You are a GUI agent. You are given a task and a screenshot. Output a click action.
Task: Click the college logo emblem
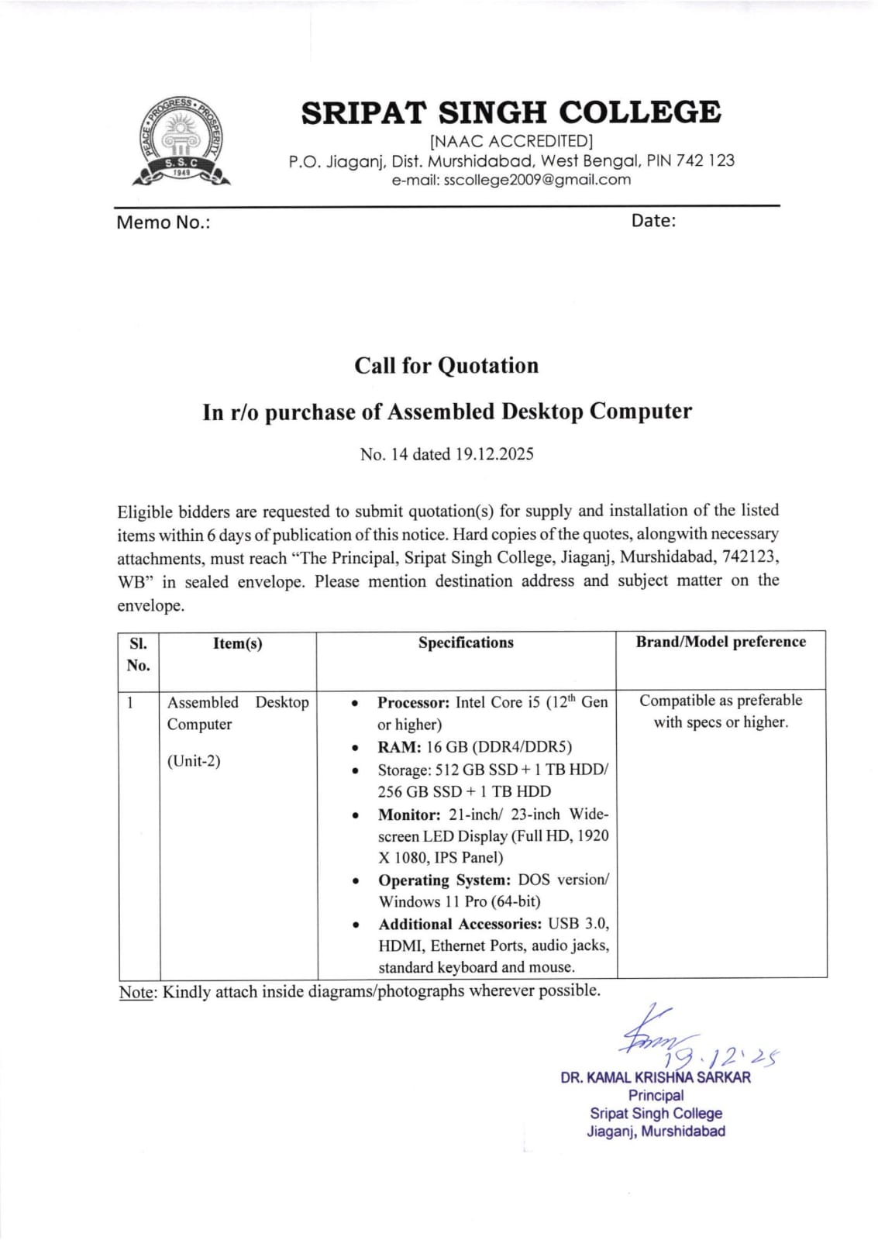181,143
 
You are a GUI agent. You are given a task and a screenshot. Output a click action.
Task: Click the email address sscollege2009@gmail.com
511,180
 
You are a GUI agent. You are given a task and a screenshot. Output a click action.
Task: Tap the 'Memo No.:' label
163,223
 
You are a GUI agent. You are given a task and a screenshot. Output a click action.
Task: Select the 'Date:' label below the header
653,221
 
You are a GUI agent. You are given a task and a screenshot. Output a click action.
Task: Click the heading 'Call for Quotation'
446,366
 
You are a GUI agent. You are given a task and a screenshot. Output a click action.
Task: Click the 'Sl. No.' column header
138,654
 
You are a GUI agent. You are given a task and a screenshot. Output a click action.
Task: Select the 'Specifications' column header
466,642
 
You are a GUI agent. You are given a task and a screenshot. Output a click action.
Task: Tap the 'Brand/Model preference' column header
721,642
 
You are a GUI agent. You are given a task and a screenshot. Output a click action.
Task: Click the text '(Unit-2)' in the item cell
194,761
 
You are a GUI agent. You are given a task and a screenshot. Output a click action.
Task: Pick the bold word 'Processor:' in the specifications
413,703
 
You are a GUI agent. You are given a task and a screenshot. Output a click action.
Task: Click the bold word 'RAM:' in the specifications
399,747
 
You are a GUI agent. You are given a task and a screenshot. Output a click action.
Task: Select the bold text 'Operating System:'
444,880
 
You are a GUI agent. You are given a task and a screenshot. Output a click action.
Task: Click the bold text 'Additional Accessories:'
460,924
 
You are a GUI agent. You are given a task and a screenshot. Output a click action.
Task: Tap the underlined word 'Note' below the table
136,992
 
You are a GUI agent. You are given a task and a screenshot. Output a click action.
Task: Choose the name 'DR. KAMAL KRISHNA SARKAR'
656,1077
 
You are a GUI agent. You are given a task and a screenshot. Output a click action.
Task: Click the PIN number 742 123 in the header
705,161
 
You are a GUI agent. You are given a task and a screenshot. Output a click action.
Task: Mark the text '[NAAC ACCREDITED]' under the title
511,141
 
